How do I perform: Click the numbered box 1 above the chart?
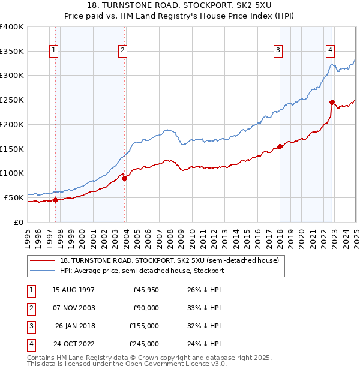pyautogui.click(x=55, y=51)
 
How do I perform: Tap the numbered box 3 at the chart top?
pyautogui.click(x=278, y=51)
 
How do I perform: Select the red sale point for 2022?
pyautogui.click(x=332, y=102)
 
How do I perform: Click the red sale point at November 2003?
pyautogui.click(x=125, y=178)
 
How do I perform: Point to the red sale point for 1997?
pyautogui.click(x=55, y=200)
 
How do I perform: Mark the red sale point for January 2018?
pyautogui.click(x=280, y=146)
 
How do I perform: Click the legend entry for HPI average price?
pyautogui.click(x=142, y=271)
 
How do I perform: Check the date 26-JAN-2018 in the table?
pyautogui.click(x=74, y=326)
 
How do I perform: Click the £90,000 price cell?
pyautogui.click(x=146, y=308)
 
